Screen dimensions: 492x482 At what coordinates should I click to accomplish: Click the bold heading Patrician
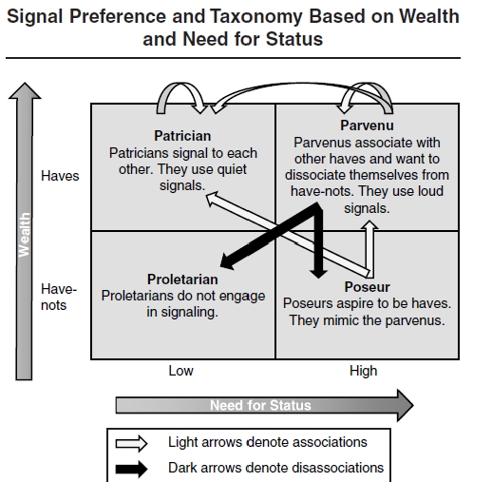182,136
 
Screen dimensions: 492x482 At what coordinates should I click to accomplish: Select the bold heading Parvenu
367,125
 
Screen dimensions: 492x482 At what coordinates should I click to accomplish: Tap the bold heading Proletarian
182,280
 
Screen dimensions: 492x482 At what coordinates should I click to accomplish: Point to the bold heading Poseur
367,287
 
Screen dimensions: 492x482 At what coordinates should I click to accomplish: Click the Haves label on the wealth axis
60,176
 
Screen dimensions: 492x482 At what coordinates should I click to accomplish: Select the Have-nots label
59,298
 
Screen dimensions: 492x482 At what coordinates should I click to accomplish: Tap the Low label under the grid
180,371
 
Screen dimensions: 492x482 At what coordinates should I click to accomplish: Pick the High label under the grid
364,371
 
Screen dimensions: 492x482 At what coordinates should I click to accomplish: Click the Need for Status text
260,405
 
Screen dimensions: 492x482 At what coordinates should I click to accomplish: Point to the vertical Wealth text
24,235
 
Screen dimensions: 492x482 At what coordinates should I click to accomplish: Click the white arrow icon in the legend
131,443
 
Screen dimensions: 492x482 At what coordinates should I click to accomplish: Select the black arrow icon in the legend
131,469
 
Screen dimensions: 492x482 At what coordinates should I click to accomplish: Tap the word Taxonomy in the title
256,16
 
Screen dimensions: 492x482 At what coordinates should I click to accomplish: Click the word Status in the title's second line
294,39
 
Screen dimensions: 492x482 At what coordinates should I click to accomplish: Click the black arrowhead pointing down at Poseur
318,274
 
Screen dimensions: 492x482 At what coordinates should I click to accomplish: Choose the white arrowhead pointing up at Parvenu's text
369,224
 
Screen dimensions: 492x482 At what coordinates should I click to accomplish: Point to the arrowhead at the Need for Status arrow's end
406,406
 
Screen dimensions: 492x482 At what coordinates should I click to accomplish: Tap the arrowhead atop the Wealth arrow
25,90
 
